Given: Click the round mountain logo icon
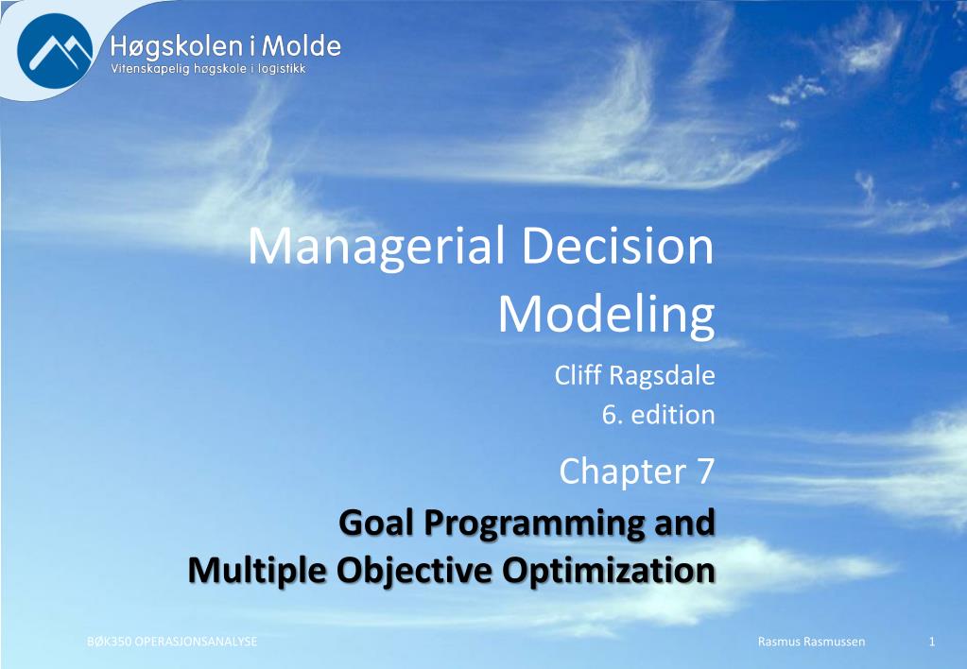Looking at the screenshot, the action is pos(55,51).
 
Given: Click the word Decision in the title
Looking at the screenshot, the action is pos(618,246).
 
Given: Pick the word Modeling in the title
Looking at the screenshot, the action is pos(606,315).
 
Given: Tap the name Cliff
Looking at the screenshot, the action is pos(578,374).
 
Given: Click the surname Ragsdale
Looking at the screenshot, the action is pos(662,376).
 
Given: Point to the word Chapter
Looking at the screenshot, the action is pos(622,472).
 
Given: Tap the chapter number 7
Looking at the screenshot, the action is pos(705,472).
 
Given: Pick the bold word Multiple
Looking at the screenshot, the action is pos(257,572).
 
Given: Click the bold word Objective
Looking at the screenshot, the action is pos(414,572).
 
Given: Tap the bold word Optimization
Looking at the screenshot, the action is pos(608,572).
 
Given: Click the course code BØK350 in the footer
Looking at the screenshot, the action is pos(109,642).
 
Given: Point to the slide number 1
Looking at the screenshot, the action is pos(932,642).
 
